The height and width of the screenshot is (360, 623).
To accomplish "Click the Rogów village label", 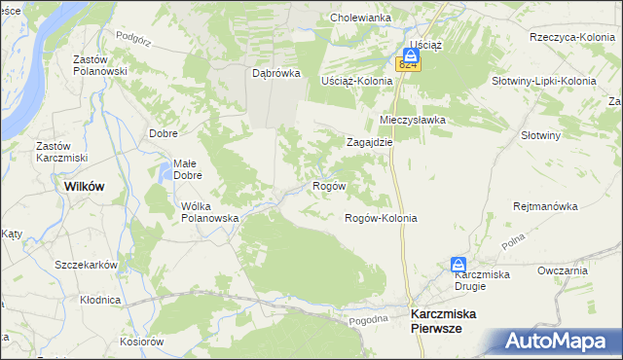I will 327,185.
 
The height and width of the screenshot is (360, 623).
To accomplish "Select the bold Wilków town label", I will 84,185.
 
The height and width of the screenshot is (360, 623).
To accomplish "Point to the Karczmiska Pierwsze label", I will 449,321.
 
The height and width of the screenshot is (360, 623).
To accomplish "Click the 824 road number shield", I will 408,65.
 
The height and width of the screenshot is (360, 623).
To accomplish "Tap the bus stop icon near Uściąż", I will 411,55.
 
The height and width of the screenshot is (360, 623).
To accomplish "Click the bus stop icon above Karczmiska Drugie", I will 458,264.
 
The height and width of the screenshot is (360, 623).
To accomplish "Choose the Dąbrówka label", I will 276,73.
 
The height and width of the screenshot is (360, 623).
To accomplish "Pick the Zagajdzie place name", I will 370,141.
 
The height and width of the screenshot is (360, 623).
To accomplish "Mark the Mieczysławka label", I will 412,120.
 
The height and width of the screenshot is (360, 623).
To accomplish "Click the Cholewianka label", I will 360,18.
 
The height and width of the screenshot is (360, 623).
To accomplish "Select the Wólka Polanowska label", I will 210,212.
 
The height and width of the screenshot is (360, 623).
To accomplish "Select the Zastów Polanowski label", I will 101,65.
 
